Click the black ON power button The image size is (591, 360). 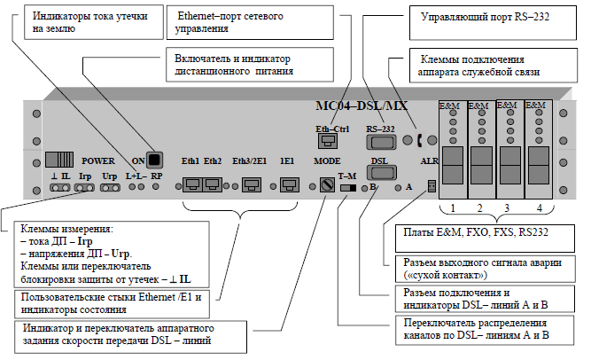(x=154, y=160)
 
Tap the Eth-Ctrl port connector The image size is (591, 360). (x=328, y=142)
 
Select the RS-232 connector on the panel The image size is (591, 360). (x=381, y=142)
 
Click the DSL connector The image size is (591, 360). (x=381, y=172)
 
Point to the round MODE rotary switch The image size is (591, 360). (x=327, y=185)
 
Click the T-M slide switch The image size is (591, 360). (x=348, y=188)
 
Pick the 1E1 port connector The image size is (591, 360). (x=289, y=185)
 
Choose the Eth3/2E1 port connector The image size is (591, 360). (x=251, y=185)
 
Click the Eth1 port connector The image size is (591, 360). (x=192, y=185)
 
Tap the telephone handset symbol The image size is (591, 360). (x=419, y=140)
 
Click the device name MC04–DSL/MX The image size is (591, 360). (x=362, y=106)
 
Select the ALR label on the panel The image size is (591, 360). (x=430, y=161)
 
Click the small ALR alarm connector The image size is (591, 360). (x=432, y=185)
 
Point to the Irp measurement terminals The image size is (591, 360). (x=84, y=188)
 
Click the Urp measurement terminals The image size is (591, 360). (x=110, y=188)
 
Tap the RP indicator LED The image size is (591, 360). (x=156, y=186)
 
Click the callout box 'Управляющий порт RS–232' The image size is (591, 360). (x=493, y=23)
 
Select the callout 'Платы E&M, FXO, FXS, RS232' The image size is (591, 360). (x=485, y=239)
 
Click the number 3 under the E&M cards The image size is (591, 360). (x=507, y=207)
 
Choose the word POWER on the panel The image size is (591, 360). (x=98, y=161)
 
